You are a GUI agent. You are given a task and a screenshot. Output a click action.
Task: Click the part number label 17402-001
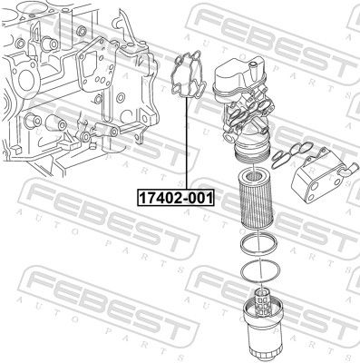(x=172, y=196)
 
